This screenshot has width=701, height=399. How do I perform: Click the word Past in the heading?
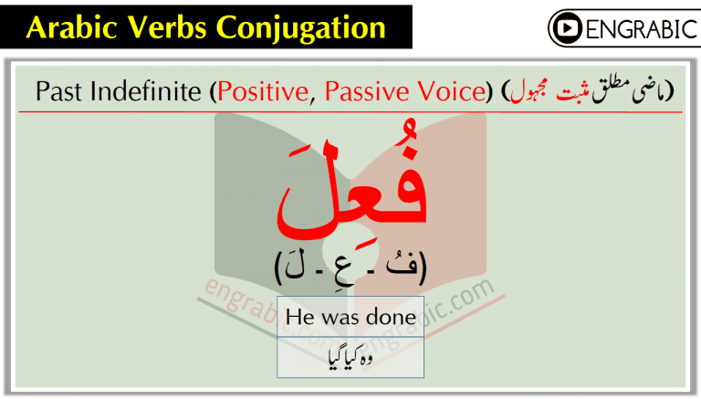(57, 91)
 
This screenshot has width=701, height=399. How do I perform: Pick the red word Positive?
(265, 91)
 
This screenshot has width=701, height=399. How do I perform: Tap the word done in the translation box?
(393, 317)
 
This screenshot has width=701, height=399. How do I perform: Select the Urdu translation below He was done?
(350, 357)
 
